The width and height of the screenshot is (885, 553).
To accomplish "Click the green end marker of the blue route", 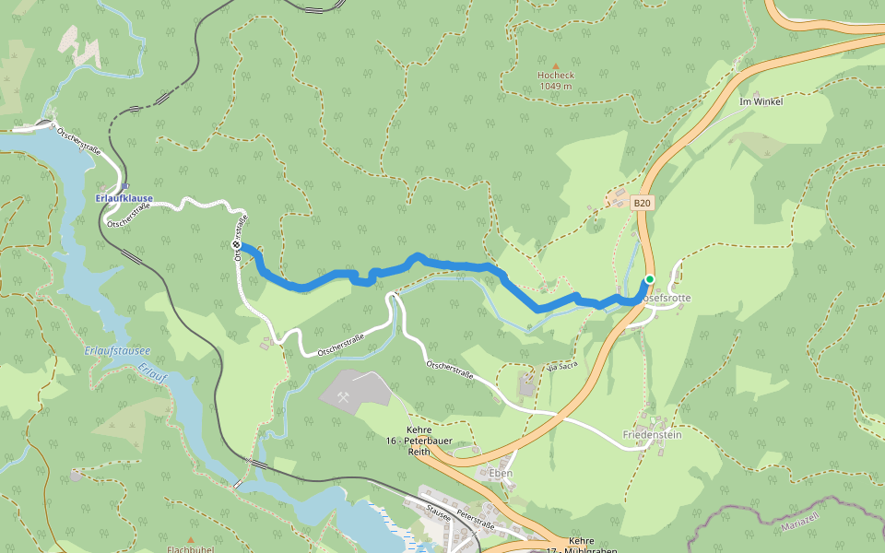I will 649,279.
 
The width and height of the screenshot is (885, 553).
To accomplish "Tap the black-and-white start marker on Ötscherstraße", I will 236,244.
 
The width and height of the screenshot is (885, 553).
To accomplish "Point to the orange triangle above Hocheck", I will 555,65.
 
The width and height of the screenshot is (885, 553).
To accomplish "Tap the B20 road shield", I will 643,204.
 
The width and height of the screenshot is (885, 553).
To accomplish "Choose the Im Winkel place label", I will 761,101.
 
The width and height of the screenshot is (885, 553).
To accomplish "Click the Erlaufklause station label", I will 124,198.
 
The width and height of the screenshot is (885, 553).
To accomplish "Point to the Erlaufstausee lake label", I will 116,351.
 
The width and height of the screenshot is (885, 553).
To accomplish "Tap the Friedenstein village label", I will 651,435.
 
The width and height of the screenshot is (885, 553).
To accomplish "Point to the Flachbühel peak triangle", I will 191,540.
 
